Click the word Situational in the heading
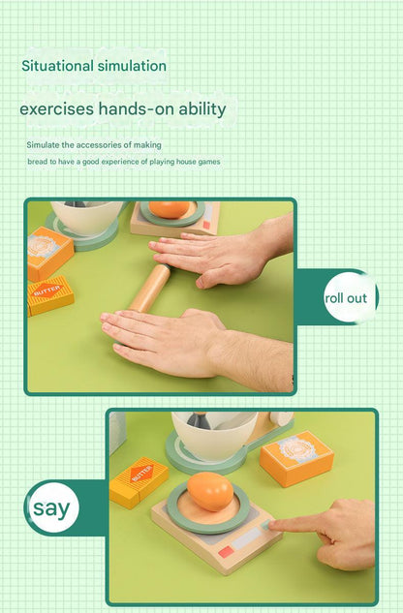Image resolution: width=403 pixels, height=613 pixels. pyautogui.click(x=58, y=66)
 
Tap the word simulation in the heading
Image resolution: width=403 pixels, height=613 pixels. pyautogui.click(x=133, y=66)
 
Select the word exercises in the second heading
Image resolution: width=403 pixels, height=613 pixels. pyautogui.click(x=57, y=108)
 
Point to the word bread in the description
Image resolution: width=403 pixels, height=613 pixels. pyautogui.click(x=37, y=162)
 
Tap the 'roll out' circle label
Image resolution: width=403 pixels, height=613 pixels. pyautogui.click(x=347, y=298)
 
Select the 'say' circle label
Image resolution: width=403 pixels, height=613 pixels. pyautogui.click(x=51, y=507)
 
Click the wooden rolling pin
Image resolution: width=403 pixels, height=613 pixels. pyautogui.click(x=150, y=288)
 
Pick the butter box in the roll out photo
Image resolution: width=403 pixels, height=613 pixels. pyautogui.click(x=50, y=294)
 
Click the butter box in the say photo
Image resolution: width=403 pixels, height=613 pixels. pyautogui.click(x=139, y=482)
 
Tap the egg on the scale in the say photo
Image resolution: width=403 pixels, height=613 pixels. pyautogui.click(x=210, y=491)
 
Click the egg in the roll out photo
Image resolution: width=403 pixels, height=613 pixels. pyautogui.click(x=169, y=209)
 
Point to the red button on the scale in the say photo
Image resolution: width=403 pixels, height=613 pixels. pyautogui.click(x=226, y=552)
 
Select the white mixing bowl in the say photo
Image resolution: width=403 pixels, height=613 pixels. pyautogui.click(x=214, y=435)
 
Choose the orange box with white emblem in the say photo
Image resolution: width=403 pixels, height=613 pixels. pyautogui.click(x=296, y=458)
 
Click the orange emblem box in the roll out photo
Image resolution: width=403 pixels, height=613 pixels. pyautogui.click(x=50, y=253)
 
